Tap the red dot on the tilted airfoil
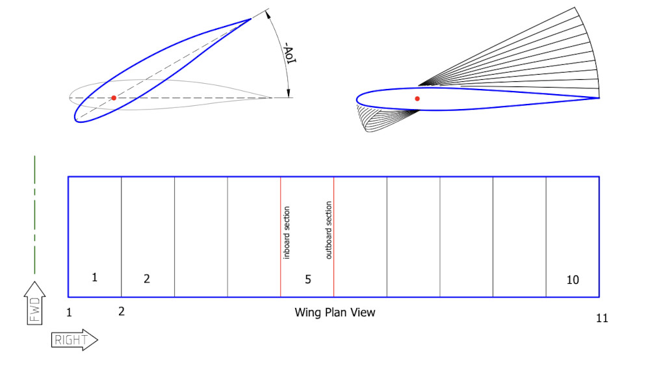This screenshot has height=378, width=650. click(114, 98)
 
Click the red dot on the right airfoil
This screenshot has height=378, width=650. click(417, 99)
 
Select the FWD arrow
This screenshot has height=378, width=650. click(34, 302)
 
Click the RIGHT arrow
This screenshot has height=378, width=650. click(73, 339)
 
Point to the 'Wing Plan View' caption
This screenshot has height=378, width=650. click(335, 312)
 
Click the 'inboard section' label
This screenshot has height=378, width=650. click(287, 233)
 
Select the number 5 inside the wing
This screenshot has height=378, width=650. click(308, 279)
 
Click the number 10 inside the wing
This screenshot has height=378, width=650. click(572, 280)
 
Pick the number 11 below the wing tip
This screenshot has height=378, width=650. click(602, 318)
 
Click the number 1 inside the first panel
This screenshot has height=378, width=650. click(94, 277)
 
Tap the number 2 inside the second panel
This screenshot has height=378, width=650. click(147, 279)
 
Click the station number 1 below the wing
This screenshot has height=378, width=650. click(69, 312)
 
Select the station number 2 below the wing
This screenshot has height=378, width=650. click(122, 311)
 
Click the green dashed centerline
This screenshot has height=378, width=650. click(34, 214)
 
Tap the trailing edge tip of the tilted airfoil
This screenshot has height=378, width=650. click(251, 19)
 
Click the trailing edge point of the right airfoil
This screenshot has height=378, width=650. click(598, 98)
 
